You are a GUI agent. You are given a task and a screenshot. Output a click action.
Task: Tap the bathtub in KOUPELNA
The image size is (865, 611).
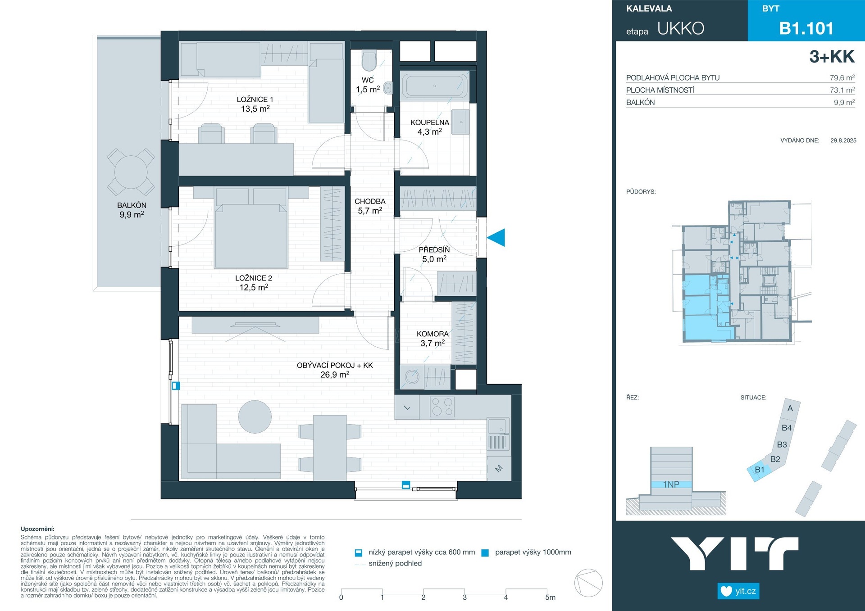tap(434, 86)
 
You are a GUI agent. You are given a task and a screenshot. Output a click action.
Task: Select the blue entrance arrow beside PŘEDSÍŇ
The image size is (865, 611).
tap(496, 238)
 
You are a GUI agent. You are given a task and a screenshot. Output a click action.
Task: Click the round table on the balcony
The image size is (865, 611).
tap(131, 172)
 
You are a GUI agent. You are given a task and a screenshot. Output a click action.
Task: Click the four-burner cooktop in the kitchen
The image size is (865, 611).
tap(442, 407)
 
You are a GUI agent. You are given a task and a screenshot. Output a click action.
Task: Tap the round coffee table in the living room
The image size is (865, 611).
tap(255, 417)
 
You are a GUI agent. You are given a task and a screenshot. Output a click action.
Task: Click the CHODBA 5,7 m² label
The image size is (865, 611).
tap(370, 206)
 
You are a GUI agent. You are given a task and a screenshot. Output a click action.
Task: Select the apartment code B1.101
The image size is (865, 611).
tap(806, 28)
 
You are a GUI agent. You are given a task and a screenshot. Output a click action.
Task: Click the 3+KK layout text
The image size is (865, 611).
tap(832, 57)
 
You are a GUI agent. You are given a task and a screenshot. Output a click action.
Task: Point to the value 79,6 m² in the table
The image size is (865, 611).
tap(842, 77)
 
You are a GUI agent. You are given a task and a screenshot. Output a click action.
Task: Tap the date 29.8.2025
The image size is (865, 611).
tap(843, 140)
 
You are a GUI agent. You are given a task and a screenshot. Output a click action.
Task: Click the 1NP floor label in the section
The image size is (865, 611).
tap(671, 484)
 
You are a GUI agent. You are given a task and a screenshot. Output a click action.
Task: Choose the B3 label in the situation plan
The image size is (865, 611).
tap(782, 444)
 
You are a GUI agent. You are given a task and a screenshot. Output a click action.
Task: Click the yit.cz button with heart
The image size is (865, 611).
tap(738, 591)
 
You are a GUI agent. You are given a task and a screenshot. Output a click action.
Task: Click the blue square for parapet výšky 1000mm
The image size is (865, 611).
tap(485, 553)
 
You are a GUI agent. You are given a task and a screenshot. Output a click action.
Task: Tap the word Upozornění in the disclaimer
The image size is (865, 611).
tap(37, 529)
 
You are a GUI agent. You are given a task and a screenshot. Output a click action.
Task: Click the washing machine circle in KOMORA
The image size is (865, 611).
tap(412, 376)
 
